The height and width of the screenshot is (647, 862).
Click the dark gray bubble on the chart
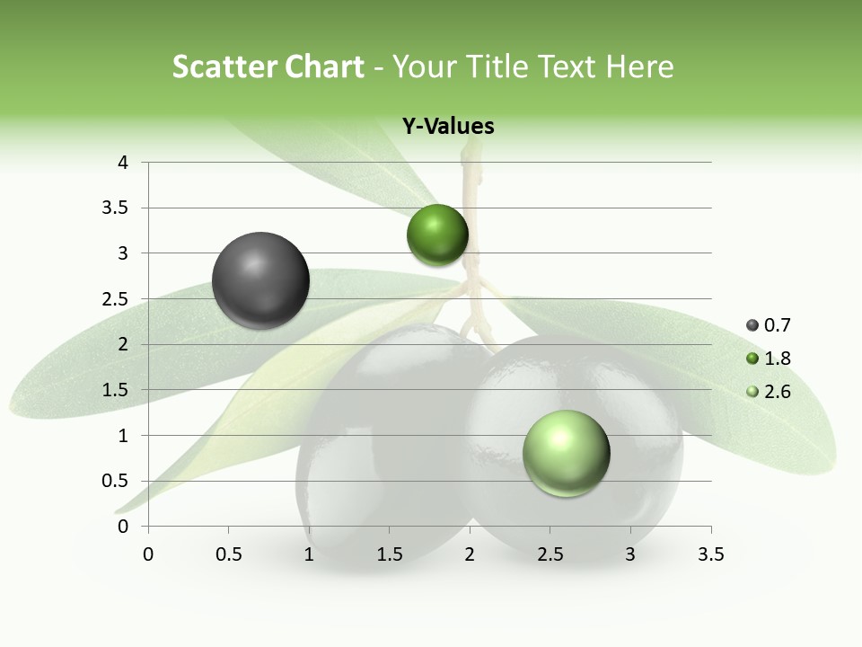point(260,280)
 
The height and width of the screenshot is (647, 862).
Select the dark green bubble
point(437,235)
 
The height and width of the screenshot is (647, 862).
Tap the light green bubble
point(566,453)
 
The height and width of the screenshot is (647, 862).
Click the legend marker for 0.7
point(752,325)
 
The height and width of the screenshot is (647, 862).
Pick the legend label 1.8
point(778,359)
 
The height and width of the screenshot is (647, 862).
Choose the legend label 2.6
point(778,392)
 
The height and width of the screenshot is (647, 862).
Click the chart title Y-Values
point(448,127)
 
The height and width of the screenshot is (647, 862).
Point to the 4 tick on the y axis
point(124,163)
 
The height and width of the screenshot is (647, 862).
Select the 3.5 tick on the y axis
point(117,208)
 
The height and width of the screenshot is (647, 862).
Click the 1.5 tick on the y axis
point(117,390)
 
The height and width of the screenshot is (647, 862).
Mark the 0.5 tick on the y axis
point(117,481)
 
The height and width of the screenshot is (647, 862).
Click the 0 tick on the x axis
point(148,554)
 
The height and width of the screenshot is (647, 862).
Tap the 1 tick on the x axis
point(309,554)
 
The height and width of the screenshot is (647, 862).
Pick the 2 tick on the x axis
point(470,554)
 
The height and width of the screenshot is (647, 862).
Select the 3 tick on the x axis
point(630,554)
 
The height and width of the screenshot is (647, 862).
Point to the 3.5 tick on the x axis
point(710,554)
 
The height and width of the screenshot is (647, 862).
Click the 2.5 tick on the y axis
point(117,299)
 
